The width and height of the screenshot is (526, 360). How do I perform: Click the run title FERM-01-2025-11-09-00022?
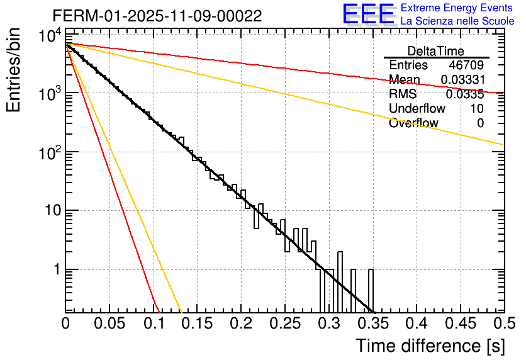tap(157, 16)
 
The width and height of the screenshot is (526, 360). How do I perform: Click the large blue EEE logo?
tap(367, 14)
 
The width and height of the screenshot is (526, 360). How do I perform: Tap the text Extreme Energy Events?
tap(457, 8)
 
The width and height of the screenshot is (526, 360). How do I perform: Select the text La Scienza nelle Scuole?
tap(457, 21)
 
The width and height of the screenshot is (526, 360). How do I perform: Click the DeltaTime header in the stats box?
tap(436, 51)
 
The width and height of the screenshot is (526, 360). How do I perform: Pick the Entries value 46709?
tap(466, 65)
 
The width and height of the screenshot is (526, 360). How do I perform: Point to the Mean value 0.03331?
tap(462, 80)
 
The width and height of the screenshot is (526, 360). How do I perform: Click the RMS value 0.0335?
tap(465, 94)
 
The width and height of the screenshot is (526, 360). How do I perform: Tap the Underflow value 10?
tap(476, 109)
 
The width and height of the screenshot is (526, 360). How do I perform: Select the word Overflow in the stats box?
tap(413, 123)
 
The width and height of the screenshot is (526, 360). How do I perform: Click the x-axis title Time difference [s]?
tap(430, 346)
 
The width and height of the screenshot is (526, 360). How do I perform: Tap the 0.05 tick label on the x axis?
tap(109, 323)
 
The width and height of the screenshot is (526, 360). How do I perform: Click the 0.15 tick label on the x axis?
tap(198, 323)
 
